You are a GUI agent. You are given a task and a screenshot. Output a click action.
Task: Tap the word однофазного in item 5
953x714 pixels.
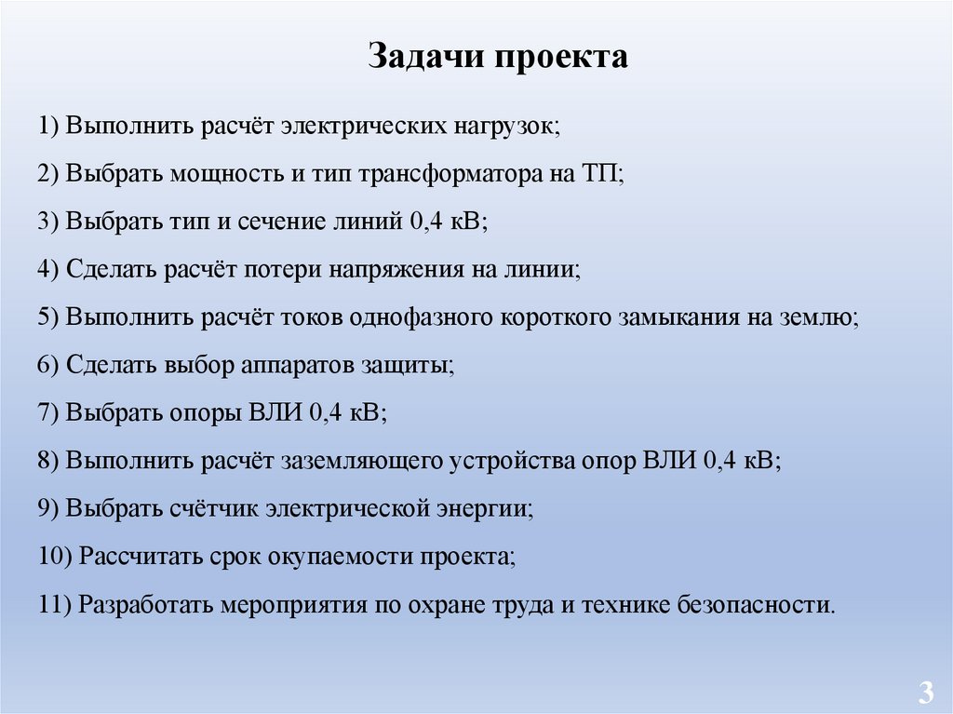coord(421,317)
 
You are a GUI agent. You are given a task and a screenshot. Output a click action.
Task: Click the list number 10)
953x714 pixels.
coord(56,557)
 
